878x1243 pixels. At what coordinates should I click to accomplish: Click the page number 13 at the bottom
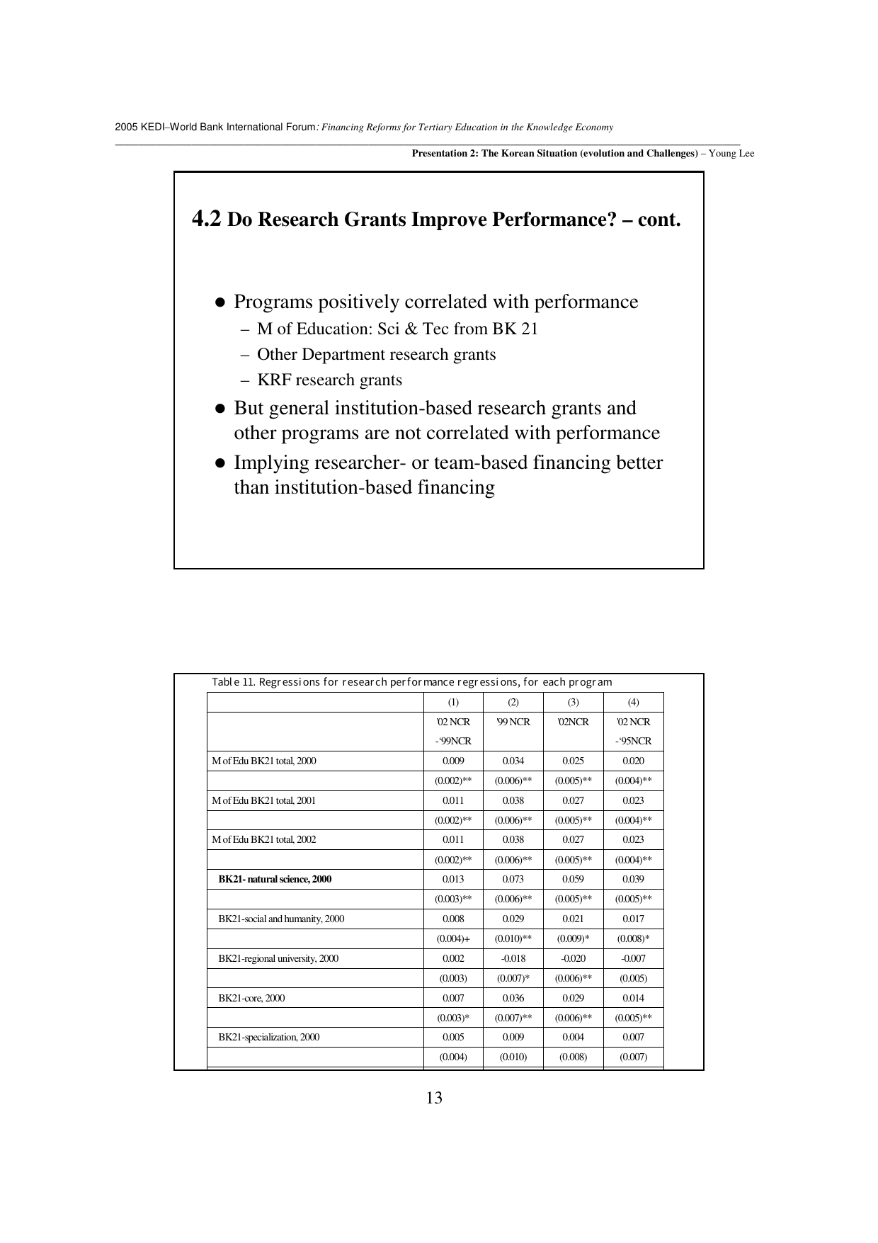click(x=434, y=1098)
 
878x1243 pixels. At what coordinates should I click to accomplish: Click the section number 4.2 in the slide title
click(x=207, y=219)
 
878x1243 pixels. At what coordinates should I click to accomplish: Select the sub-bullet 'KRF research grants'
click(x=329, y=380)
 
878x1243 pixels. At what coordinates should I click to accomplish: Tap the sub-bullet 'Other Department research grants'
click(x=376, y=355)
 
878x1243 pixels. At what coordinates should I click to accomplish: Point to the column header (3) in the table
click(x=573, y=702)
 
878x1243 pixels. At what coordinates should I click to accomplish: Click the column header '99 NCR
click(x=513, y=722)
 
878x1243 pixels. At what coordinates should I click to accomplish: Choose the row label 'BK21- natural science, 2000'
click(x=275, y=879)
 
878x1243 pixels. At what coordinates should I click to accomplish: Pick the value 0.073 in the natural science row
click(x=513, y=879)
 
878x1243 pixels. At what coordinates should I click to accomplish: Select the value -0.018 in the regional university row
click(x=513, y=958)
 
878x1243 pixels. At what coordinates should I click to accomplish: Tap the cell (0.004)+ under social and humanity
click(x=453, y=938)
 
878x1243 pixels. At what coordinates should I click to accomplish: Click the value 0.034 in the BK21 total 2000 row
click(x=513, y=761)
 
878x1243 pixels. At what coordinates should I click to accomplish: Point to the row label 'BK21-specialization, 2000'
click(x=269, y=1037)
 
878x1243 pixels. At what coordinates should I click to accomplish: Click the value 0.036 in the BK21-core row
click(x=513, y=998)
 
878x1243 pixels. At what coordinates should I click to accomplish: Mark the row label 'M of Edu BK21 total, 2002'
click(x=264, y=839)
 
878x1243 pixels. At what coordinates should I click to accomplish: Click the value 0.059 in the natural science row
click(x=573, y=879)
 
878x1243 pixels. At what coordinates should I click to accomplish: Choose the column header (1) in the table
click(x=453, y=702)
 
